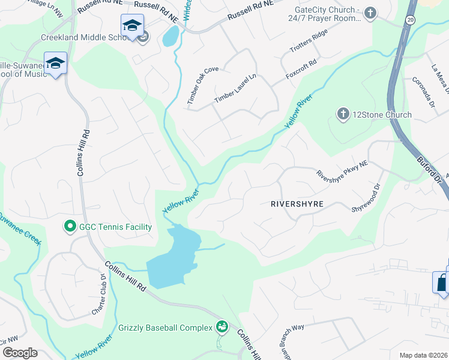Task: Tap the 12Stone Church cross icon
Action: click(343, 114)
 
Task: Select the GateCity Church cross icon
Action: click(371, 12)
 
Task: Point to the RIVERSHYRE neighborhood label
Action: click(297, 204)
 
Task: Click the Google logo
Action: click(19, 353)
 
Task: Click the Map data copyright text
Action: click(424, 355)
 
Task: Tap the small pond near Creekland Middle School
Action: click(170, 37)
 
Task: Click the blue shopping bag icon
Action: click(442, 283)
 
